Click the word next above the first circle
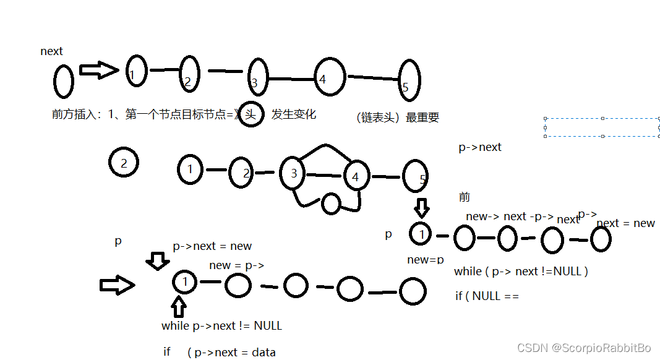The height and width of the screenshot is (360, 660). (x=51, y=51)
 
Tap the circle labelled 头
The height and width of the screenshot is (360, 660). (x=251, y=114)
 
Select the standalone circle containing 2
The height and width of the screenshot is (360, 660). (x=124, y=163)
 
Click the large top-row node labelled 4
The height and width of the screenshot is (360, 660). (x=328, y=77)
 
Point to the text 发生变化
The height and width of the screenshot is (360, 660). (x=294, y=114)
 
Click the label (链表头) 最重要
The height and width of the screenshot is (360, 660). (x=398, y=118)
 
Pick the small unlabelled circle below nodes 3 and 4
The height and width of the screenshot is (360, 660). (x=331, y=203)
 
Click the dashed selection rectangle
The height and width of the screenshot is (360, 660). (x=602, y=127)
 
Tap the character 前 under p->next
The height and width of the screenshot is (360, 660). (x=465, y=197)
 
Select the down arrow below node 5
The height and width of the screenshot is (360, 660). (x=421, y=207)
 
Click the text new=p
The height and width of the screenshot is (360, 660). (x=426, y=260)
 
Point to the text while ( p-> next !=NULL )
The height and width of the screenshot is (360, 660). (x=521, y=272)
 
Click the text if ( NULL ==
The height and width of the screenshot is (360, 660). (x=487, y=296)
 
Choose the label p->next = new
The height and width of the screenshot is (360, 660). (x=212, y=246)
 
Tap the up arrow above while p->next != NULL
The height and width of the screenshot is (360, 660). (x=179, y=307)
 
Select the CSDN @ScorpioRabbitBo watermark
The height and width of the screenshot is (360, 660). (x=584, y=348)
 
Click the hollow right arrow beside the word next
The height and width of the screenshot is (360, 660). (x=98, y=71)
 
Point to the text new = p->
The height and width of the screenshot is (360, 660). (x=237, y=265)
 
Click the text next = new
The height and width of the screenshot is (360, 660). (x=625, y=223)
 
